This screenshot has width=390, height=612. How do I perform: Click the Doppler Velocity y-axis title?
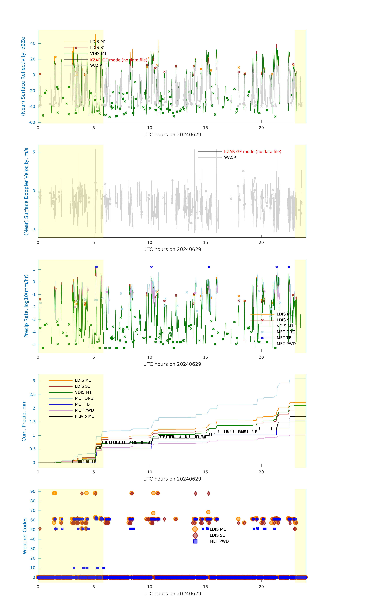coord(26,191)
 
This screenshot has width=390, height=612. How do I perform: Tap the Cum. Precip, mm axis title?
coord(24,421)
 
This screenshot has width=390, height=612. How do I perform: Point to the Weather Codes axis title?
coord(25,536)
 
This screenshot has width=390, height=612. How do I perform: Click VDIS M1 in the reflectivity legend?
coord(98,54)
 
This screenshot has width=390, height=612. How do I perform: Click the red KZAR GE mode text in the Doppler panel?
coord(252,152)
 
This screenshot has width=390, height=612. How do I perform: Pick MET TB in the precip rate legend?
coord(284,338)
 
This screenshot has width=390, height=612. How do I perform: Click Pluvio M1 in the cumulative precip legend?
coord(84,416)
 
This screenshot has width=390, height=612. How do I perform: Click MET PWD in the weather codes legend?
coord(219,541)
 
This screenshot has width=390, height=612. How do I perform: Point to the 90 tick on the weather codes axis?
coord(33,492)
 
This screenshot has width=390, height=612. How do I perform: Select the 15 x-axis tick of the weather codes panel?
coord(205,587)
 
